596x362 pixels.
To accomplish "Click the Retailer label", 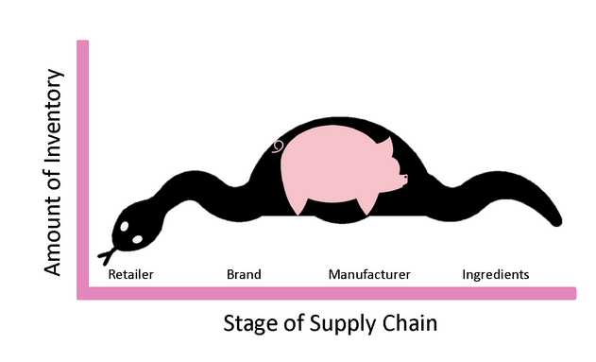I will [x=131, y=275].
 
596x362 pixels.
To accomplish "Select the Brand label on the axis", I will [x=244, y=275].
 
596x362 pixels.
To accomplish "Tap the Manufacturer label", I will [x=369, y=275].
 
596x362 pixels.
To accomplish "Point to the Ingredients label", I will [x=496, y=275].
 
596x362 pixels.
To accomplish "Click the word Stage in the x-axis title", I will [x=249, y=324].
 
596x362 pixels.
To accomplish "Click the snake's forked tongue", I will [x=107, y=255].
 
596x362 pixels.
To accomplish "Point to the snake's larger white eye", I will [x=138, y=239].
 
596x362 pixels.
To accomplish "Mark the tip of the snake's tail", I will [x=558, y=222].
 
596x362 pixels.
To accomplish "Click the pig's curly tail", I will [x=278, y=147].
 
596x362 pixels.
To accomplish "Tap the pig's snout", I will [x=403, y=177].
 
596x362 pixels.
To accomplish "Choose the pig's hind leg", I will [x=297, y=203].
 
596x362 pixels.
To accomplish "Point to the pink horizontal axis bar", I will [x=331, y=293].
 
